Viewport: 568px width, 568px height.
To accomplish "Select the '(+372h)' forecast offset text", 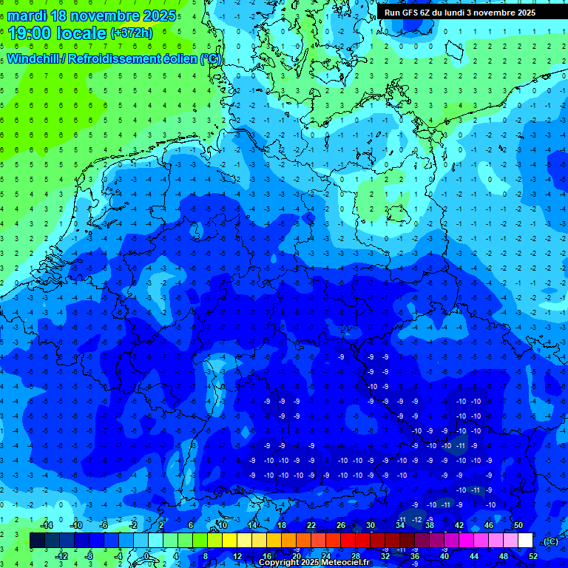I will click(131, 33).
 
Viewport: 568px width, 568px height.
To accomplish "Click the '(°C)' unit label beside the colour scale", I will click(551, 541).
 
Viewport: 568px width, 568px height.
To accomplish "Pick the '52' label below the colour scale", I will click(533, 555).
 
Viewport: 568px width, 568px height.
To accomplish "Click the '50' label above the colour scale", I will click(518, 525).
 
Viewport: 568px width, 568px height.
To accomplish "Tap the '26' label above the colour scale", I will click(340, 525).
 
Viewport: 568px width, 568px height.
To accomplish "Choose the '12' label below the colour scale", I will click(237, 555).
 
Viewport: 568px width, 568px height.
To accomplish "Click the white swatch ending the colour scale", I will click(525, 540).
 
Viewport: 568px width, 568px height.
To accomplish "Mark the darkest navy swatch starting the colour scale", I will click(37, 540).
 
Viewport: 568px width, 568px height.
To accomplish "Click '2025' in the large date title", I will click(157, 16).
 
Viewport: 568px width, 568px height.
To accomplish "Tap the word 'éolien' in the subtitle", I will click(180, 59).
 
